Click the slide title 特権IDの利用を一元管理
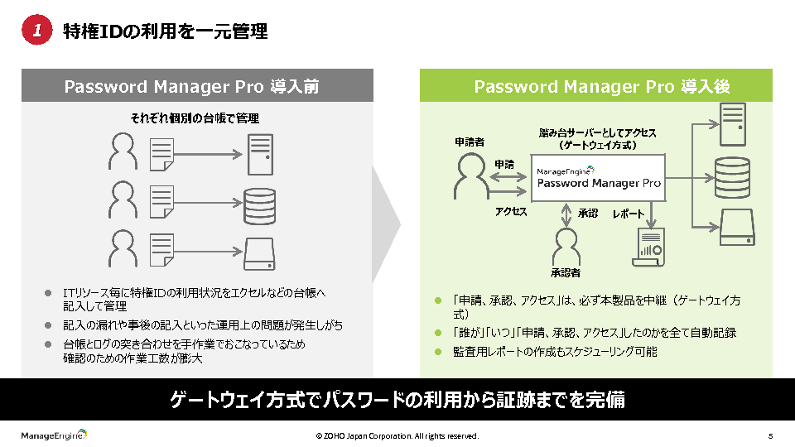click(x=166, y=31)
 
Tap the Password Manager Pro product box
click(x=599, y=177)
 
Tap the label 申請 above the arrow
click(x=504, y=164)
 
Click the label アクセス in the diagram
click(x=511, y=212)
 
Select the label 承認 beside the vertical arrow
click(x=587, y=213)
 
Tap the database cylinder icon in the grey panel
click(x=259, y=201)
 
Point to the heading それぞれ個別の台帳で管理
click(x=195, y=118)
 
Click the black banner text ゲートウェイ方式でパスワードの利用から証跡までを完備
click(x=397, y=401)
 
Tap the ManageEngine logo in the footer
click(x=54, y=435)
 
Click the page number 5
click(x=770, y=436)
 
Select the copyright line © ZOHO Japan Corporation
click(x=397, y=436)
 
